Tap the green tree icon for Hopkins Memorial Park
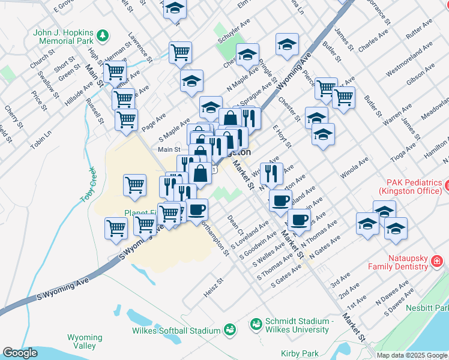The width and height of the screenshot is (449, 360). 103,35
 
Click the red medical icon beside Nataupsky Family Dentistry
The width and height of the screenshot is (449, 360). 436,261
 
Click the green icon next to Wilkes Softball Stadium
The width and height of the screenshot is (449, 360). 229,329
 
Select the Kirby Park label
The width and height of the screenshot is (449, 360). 300,354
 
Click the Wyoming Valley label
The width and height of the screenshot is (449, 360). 81,341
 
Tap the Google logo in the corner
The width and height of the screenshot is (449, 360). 20,353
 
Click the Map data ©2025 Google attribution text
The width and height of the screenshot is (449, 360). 412,355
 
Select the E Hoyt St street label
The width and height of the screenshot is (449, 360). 282,136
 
